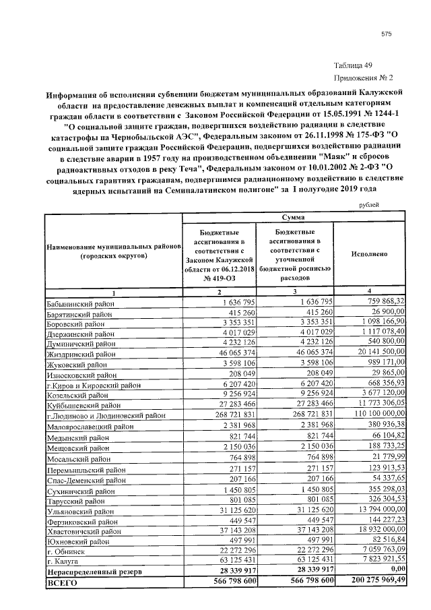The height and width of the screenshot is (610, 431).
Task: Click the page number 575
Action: click(386, 34)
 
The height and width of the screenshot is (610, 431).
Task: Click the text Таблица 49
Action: click(352, 65)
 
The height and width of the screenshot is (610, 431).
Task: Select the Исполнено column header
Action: click(368, 255)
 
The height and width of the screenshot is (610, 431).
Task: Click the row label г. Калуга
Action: click(62, 561)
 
